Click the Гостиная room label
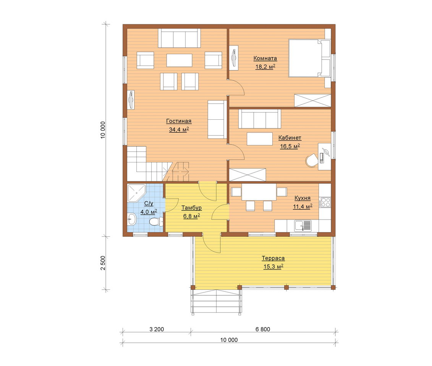pos(179,121)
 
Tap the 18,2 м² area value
pos(265,67)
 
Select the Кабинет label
pos(290,138)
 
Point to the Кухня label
pos(303,198)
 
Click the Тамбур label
pos(191,208)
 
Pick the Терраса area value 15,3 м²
pos(273,266)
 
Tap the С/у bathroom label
pos(149,204)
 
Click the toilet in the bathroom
pos(156,221)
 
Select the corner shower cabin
pos(136,193)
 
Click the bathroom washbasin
pos(132,220)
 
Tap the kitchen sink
pos(303,226)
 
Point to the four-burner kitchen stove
pos(325,202)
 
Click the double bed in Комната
pos(309,58)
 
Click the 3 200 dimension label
pos(157,329)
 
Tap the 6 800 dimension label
pos(263,329)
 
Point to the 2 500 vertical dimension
pos(103,263)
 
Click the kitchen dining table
pos(259,192)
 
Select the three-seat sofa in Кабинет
pos(259,119)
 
